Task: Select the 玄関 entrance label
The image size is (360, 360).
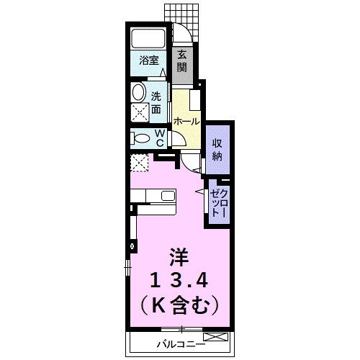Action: point(182,60)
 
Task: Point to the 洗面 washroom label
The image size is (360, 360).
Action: point(156,102)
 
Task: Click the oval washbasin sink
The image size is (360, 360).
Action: point(138,92)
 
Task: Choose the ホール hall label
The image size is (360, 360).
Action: point(186,120)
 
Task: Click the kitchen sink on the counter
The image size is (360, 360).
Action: point(168,196)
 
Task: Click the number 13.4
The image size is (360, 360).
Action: point(179,280)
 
